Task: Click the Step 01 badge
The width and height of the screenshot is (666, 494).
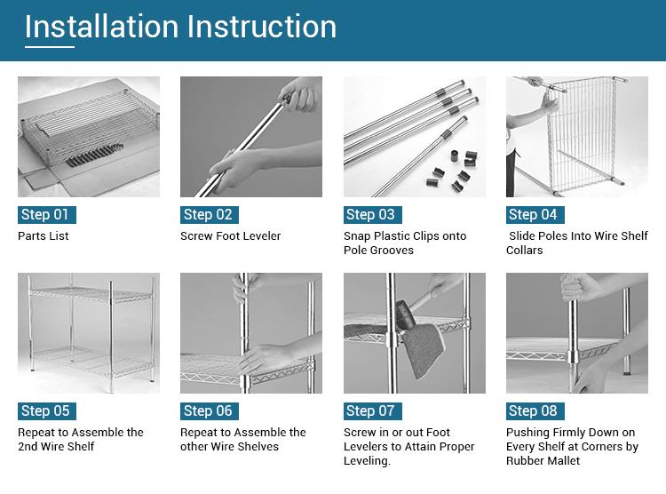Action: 44,214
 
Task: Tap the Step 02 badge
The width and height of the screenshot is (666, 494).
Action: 208,214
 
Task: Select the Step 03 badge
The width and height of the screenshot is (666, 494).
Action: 370,214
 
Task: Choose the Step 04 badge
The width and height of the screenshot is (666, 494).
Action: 533,214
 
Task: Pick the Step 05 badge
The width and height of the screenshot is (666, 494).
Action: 44,410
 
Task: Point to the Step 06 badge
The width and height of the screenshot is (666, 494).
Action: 208,410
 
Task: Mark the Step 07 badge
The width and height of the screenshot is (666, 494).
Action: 370,410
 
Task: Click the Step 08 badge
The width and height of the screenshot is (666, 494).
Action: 533,410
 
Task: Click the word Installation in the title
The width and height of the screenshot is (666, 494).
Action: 100,27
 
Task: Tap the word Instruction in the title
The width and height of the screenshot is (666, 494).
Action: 261,27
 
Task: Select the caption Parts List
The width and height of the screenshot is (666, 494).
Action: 44,236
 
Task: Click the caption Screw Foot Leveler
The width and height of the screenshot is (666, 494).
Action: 231,236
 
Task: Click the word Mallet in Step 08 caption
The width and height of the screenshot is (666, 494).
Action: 561,461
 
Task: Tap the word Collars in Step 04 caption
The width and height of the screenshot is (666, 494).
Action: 525,251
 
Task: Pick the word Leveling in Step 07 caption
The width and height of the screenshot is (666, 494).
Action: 369,461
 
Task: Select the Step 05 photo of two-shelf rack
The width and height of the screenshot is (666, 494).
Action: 89,333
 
